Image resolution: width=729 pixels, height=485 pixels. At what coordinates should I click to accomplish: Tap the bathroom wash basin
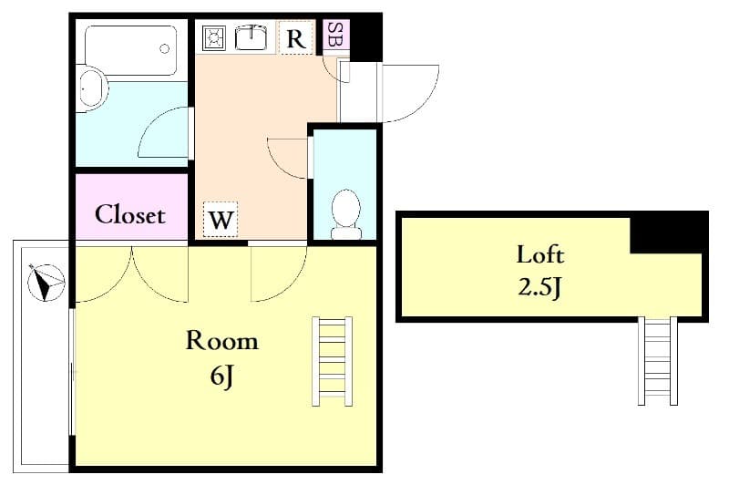pyautogui.click(x=92, y=90)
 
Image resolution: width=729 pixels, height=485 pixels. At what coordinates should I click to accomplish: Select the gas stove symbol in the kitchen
pyautogui.click(x=215, y=37)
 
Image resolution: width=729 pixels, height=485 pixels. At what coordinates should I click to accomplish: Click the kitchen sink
pyautogui.click(x=249, y=37)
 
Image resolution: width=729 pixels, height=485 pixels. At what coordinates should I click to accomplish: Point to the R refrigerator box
pyautogui.click(x=295, y=38)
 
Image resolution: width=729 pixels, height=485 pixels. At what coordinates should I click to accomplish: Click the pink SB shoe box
pyautogui.click(x=335, y=36)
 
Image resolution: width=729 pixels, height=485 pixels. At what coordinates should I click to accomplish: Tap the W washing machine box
pyautogui.click(x=221, y=220)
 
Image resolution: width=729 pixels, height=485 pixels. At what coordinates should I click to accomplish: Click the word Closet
pyautogui.click(x=130, y=215)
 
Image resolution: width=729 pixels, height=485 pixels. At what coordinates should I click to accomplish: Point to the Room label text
pyautogui.click(x=221, y=341)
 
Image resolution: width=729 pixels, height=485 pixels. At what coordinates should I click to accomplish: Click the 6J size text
pyautogui.click(x=221, y=374)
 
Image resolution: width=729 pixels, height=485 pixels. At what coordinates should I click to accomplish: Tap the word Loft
pyautogui.click(x=540, y=254)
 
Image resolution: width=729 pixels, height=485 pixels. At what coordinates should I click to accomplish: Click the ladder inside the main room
pyautogui.click(x=332, y=360)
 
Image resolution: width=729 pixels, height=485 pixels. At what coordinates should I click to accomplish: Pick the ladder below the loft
pyautogui.click(x=658, y=361)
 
